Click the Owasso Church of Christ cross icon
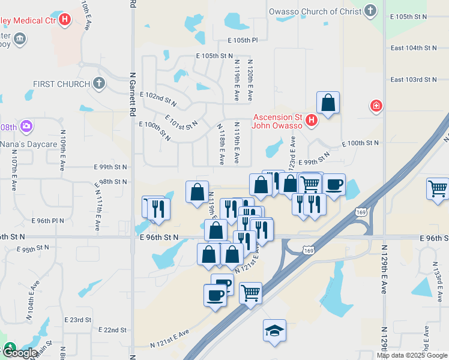click(372, 10)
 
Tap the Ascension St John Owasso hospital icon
click(311, 121)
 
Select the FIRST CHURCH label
click(62, 84)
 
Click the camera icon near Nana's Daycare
click(26, 127)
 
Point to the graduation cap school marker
click(274, 330)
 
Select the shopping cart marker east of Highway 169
click(438, 188)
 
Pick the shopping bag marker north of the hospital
click(328, 103)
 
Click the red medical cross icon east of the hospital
click(376, 106)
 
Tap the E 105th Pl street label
click(243, 40)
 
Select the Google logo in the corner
click(19, 353)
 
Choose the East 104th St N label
click(414, 47)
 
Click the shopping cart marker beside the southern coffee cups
click(250, 293)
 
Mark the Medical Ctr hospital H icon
click(65, 19)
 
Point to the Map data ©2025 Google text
click(412, 355)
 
